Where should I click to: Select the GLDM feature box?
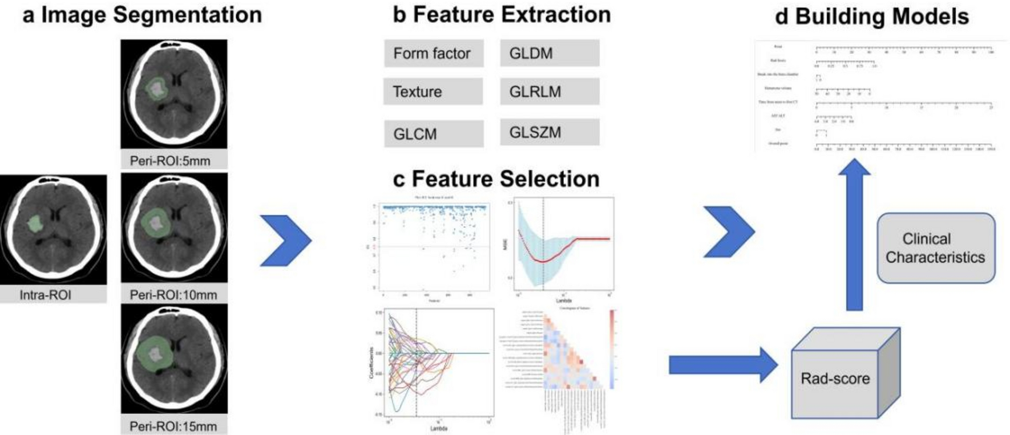pos(550,54)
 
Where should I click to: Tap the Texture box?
pos(433,92)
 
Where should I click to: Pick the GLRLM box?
pos(550,92)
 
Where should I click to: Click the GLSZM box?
pos(550,132)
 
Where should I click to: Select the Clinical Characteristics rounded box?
pos(935,248)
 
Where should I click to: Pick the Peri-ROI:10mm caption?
pos(173,295)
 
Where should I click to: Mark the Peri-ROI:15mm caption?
pos(173,426)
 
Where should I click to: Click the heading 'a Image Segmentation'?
pos(142,15)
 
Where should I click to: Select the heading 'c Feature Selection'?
pos(496,179)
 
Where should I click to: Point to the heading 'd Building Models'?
pos(871,17)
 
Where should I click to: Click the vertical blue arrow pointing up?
pos(854,234)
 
